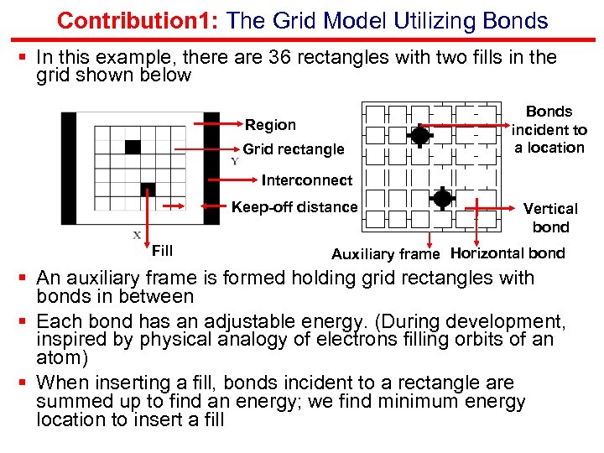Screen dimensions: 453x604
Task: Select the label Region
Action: pos(270,125)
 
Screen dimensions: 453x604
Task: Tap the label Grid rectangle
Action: pos(294,149)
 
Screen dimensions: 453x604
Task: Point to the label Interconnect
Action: pos(307,180)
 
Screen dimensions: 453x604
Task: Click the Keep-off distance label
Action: pos(294,207)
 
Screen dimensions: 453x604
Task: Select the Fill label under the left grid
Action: pos(162,250)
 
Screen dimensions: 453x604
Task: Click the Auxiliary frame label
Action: pos(386,253)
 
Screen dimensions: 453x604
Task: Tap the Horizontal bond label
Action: pos(508,253)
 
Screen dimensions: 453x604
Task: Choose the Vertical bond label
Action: pos(550,217)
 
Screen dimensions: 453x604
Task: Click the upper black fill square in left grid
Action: pos(133,147)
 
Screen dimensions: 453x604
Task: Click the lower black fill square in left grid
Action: pos(148,189)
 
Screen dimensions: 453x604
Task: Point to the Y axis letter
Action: pos(234,161)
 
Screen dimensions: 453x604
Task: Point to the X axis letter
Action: pos(137,235)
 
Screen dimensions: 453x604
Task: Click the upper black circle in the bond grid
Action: pos(420,135)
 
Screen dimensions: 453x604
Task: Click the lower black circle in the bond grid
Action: pos(442,199)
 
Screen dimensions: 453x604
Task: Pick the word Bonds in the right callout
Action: pos(549,112)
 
